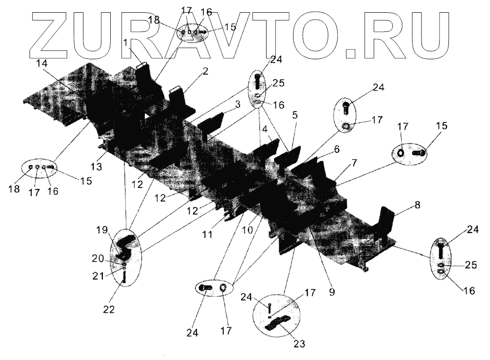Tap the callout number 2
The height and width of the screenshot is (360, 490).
click(x=205, y=72)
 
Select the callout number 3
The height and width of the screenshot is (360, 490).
click(x=237, y=104)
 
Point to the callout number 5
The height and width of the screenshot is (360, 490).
click(x=294, y=116)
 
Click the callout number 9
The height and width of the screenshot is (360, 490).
click(x=332, y=292)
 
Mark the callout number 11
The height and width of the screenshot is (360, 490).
click(x=208, y=235)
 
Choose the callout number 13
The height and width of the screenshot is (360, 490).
click(x=96, y=167)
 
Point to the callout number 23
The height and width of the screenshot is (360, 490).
click(x=299, y=344)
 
